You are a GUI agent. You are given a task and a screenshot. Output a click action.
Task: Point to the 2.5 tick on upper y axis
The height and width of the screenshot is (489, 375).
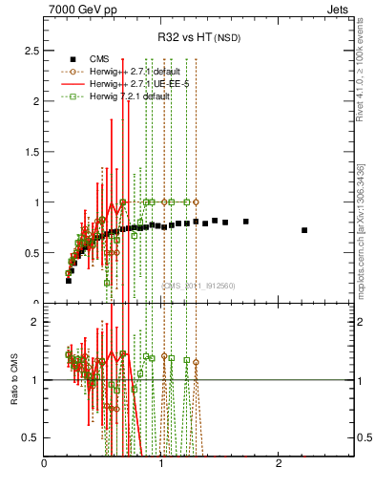31,50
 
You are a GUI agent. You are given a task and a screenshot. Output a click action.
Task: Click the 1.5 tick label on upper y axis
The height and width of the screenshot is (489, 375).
31,151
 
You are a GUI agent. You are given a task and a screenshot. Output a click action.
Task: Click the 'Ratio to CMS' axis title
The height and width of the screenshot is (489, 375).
13,379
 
